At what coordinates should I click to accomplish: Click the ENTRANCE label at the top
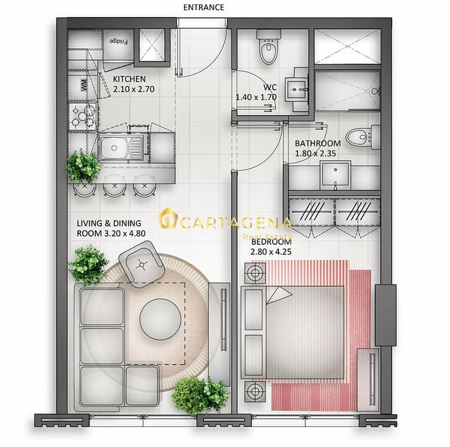(x=204, y=7)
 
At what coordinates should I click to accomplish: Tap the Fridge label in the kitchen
(x=119, y=41)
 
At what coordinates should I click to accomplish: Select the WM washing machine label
(x=84, y=86)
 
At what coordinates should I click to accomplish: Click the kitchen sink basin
(x=115, y=147)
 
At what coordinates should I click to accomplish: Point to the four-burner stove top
(x=83, y=117)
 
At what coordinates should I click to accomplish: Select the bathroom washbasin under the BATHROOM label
(x=335, y=175)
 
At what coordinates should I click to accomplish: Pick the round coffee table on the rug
(x=160, y=319)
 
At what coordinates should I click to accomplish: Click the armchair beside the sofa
(x=141, y=265)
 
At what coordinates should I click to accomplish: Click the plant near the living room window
(x=201, y=395)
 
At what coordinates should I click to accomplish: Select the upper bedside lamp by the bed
(x=255, y=273)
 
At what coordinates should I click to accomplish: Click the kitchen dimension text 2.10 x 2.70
(x=134, y=90)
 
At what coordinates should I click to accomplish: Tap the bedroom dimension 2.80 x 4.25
(x=271, y=252)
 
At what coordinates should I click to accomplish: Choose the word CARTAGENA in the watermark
(x=236, y=223)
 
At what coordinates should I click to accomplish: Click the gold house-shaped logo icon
(x=168, y=218)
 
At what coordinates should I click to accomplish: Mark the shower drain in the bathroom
(x=375, y=91)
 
